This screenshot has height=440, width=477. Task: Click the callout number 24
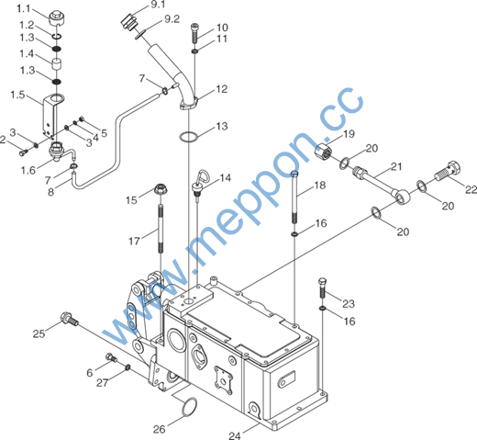pyautogui.click(x=235, y=435)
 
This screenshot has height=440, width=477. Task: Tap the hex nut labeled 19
pyautogui.click(x=324, y=152)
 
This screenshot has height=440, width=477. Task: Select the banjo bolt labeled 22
pyautogui.click(x=448, y=171)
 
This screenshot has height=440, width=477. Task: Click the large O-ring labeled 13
pyautogui.click(x=189, y=137)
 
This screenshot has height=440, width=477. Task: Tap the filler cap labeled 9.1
pyautogui.click(x=128, y=22)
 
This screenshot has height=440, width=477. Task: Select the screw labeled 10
pyautogui.click(x=194, y=33)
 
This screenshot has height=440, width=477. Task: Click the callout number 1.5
pyautogui.click(x=17, y=95)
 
